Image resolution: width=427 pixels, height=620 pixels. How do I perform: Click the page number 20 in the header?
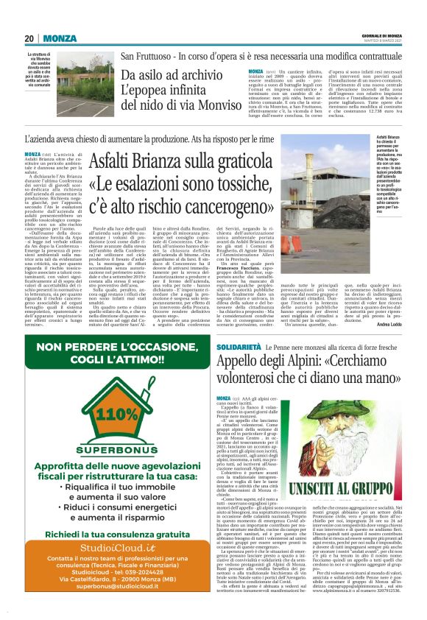29,38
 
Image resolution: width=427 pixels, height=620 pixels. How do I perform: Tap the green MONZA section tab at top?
60,38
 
